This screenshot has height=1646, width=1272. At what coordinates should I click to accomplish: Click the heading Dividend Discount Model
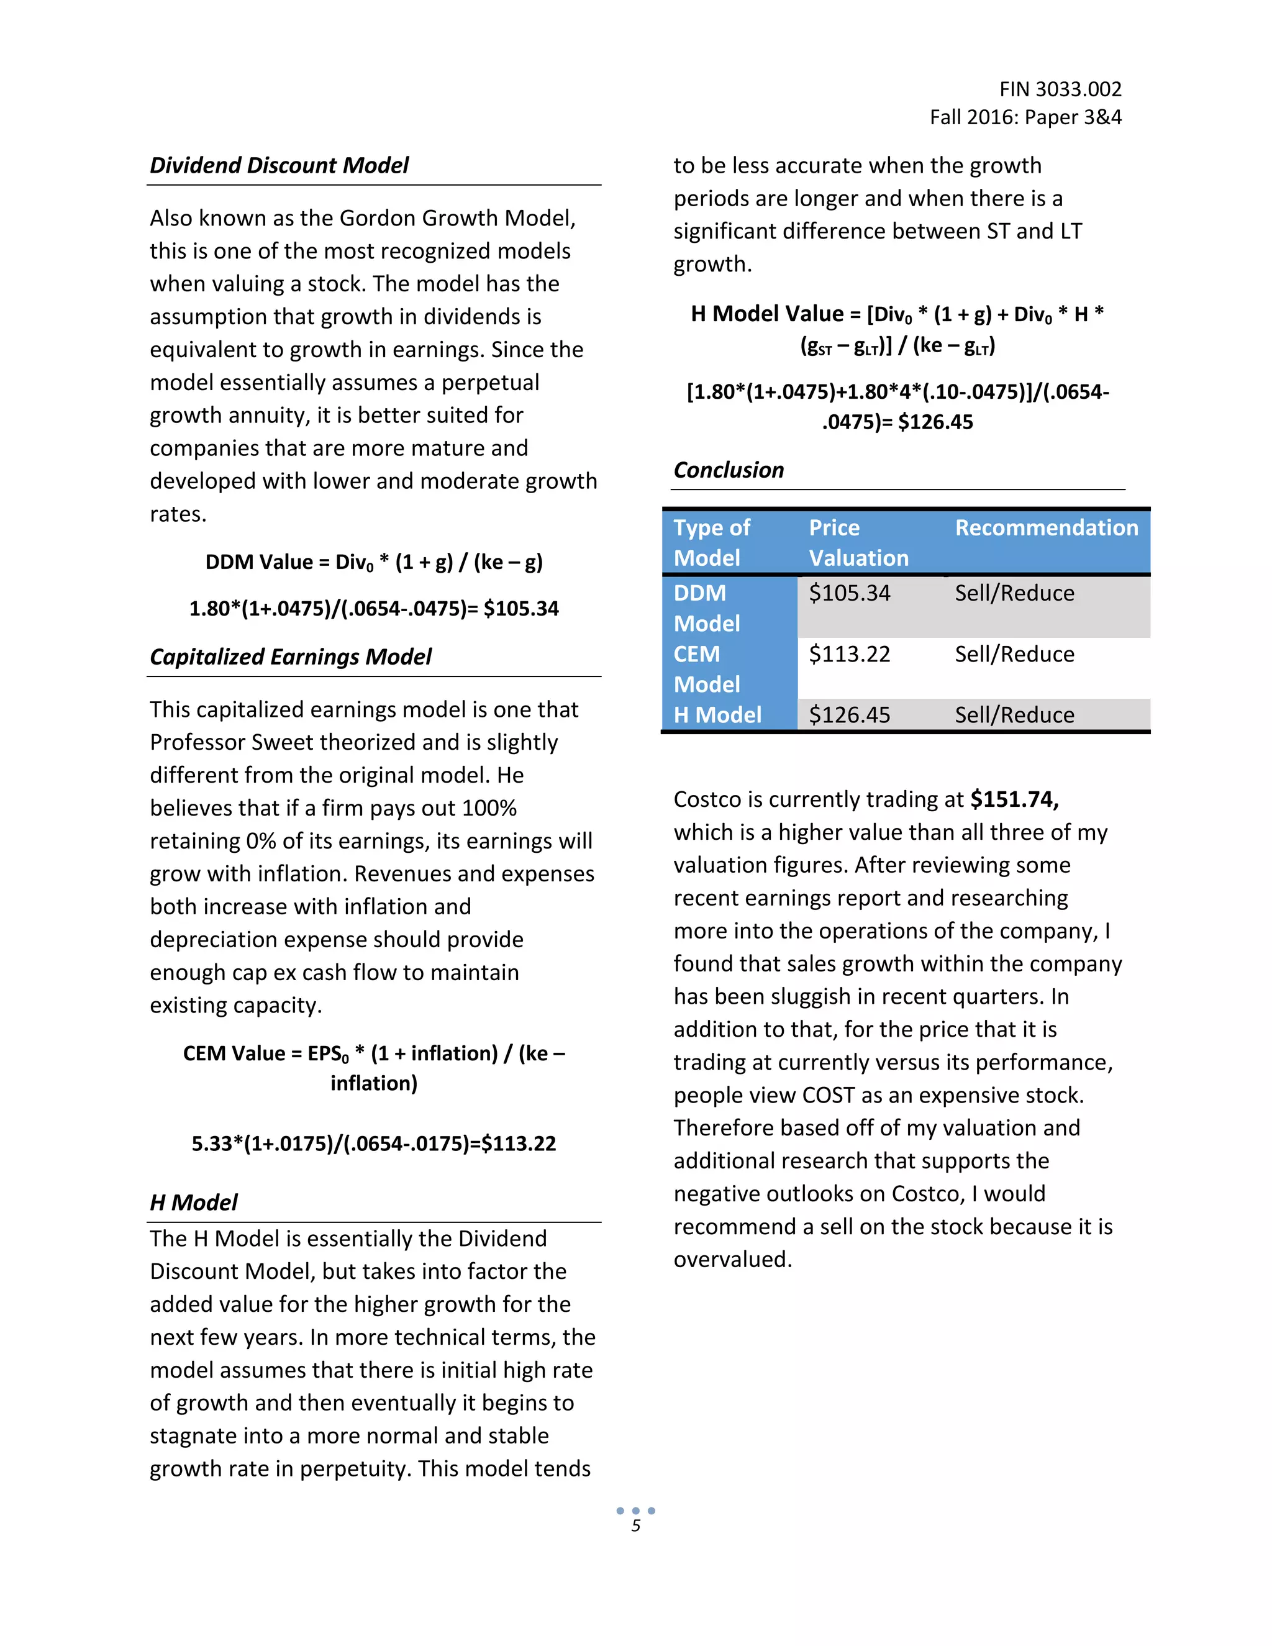click(279, 165)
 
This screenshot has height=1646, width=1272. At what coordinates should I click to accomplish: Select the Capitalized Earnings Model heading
click(291, 657)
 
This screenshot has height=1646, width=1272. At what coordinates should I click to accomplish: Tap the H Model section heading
click(194, 1202)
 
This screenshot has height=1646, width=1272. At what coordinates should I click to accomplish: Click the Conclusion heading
click(728, 470)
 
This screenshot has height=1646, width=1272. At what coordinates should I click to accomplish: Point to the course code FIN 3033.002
click(1060, 89)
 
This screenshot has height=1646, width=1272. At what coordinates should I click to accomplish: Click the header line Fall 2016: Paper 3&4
click(1025, 117)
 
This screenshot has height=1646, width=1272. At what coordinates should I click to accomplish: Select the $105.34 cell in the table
click(849, 593)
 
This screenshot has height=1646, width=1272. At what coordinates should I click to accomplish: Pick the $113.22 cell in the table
click(849, 654)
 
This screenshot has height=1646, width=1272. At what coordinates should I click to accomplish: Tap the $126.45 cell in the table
click(849, 714)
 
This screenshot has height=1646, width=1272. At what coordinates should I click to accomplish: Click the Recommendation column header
click(1046, 527)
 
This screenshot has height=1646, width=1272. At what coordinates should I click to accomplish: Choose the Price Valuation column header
click(858, 543)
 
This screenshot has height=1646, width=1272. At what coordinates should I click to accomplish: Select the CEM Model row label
click(706, 668)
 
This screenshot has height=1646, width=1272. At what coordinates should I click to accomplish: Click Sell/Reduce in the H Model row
click(1014, 714)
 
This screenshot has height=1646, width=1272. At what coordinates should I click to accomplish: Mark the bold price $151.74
click(1014, 799)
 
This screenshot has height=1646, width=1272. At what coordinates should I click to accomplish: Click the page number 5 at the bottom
click(635, 1526)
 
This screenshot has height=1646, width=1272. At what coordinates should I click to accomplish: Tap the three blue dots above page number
click(635, 1511)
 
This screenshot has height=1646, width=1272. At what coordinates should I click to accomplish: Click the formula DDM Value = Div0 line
click(374, 562)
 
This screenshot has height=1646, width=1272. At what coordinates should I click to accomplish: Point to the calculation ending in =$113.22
click(374, 1144)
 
